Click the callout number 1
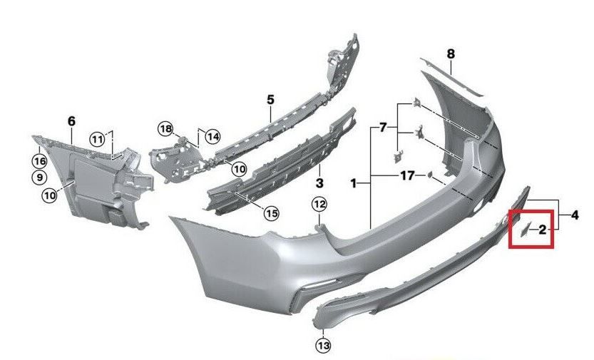[353, 184]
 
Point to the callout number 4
[575, 213]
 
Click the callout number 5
[271, 99]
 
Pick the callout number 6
[71, 121]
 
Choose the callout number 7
[383, 128]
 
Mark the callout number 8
[450, 53]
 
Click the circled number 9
[39, 177]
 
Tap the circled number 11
[96, 138]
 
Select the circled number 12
[319, 205]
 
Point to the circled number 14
[213, 135]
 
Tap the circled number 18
[165, 129]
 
